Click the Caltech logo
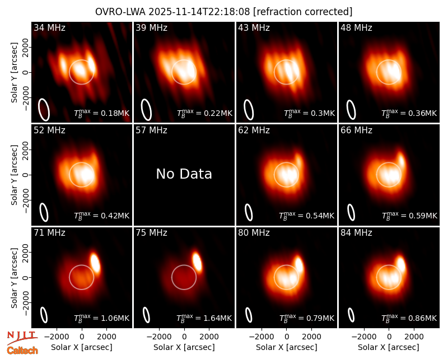[x=22, y=351]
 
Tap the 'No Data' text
[x=184, y=174]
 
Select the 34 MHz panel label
[x=49, y=27]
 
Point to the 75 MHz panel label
[x=151, y=233]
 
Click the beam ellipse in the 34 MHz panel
[x=44, y=110]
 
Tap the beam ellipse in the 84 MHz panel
[x=351, y=315]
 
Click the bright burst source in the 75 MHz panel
[x=197, y=262]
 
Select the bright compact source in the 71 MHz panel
[x=95, y=263]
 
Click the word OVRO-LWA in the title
[x=120, y=12]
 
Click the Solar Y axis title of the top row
[x=14, y=73]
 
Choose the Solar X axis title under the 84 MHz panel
[x=389, y=347]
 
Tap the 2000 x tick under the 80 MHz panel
[x=312, y=337]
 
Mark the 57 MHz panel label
[x=151, y=130]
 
